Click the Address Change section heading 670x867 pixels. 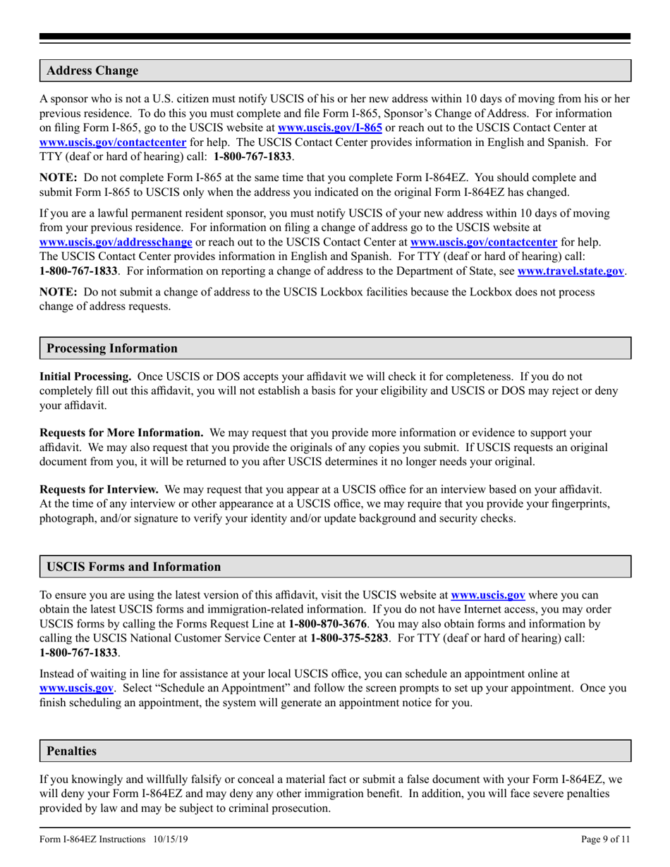tap(92, 71)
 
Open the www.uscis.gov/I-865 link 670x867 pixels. tap(330, 128)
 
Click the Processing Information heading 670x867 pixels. tap(112, 349)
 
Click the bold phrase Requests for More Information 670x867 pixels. tap(121, 432)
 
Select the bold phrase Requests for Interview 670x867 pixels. tap(99, 489)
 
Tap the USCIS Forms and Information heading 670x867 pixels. tap(133, 567)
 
